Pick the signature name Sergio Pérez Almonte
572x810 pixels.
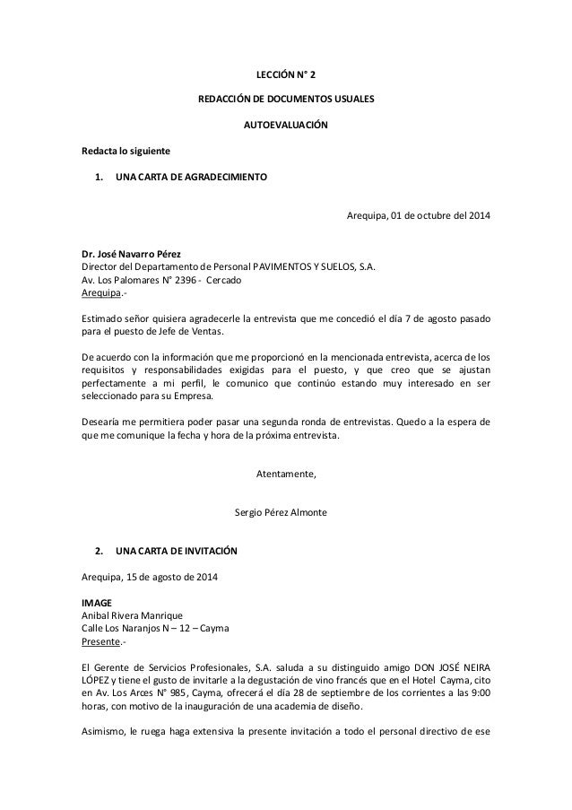[x=286, y=512]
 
